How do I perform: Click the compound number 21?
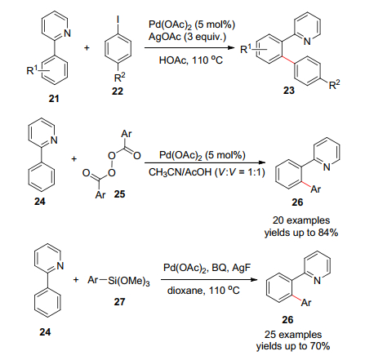point(54,99)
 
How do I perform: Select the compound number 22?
point(118,91)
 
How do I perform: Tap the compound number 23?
point(289,90)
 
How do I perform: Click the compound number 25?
point(119,194)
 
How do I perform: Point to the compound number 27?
point(119,301)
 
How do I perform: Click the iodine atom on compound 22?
point(118,20)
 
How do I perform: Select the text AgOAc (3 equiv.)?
point(187,36)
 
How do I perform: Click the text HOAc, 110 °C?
point(191,60)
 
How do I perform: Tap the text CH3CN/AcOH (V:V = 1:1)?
point(207,172)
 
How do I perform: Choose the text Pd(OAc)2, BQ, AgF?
point(207,268)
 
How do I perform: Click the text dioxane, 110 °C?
point(203,291)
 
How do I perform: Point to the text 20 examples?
point(301,220)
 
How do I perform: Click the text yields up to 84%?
point(301,233)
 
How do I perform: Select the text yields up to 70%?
point(293,346)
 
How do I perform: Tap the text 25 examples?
point(293,334)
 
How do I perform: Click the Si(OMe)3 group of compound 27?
point(129,281)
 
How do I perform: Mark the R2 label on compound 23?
point(335,85)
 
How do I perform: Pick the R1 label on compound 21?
point(32,70)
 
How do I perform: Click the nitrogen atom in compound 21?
point(67,33)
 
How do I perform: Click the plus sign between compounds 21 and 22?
point(87,48)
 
